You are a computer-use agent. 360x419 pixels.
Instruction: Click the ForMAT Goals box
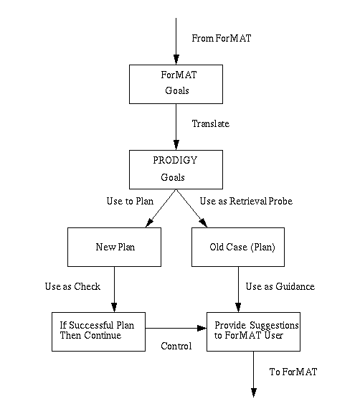point(176,84)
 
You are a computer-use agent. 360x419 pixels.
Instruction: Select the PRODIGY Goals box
point(176,170)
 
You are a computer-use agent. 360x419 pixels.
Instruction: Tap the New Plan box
point(114,248)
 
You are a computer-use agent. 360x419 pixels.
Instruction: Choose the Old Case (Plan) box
point(238,248)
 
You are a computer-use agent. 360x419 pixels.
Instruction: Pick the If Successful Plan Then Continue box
point(98,331)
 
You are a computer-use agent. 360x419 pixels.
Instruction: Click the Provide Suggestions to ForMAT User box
point(253,331)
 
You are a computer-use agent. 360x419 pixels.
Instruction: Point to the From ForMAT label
point(222,38)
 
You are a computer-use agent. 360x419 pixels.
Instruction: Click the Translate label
point(211,123)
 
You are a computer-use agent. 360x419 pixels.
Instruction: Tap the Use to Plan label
point(130,201)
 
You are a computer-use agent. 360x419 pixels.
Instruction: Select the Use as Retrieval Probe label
point(246,201)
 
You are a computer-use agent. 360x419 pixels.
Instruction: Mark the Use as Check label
point(72,286)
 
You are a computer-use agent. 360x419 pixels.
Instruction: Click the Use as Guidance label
point(280,286)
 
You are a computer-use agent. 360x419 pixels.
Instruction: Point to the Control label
point(176,346)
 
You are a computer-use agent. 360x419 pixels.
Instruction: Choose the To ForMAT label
point(293,372)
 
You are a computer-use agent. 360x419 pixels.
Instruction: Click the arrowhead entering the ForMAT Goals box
point(176,60)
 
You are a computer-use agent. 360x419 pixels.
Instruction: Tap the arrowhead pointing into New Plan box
point(149,223)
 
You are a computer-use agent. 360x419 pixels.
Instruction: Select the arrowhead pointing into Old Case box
point(204,223)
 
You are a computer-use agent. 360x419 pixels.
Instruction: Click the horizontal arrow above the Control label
point(176,328)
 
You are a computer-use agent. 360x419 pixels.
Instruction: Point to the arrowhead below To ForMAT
point(254,393)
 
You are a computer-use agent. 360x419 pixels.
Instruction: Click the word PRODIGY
point(175,160)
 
